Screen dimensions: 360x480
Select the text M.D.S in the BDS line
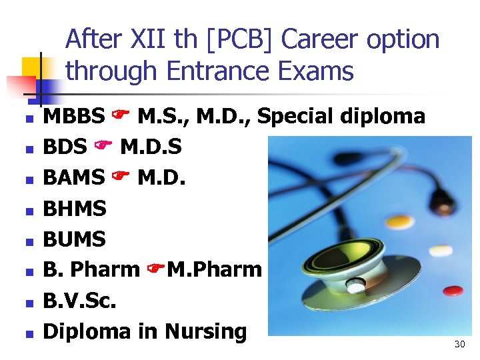[x=150, y=147]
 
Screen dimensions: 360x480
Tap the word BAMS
[x=73, y=177]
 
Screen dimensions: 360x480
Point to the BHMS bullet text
[x=75, y=209]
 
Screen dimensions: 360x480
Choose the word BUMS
[x=75, y=239]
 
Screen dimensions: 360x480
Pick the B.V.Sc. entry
[x=79, y=300]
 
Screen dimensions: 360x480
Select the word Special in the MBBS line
[x=297, y=117]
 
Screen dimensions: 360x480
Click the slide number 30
[x=459, y=344]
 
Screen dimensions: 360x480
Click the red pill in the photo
[x=453, y=291]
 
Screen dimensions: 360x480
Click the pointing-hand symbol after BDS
[x=104, y=147]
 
